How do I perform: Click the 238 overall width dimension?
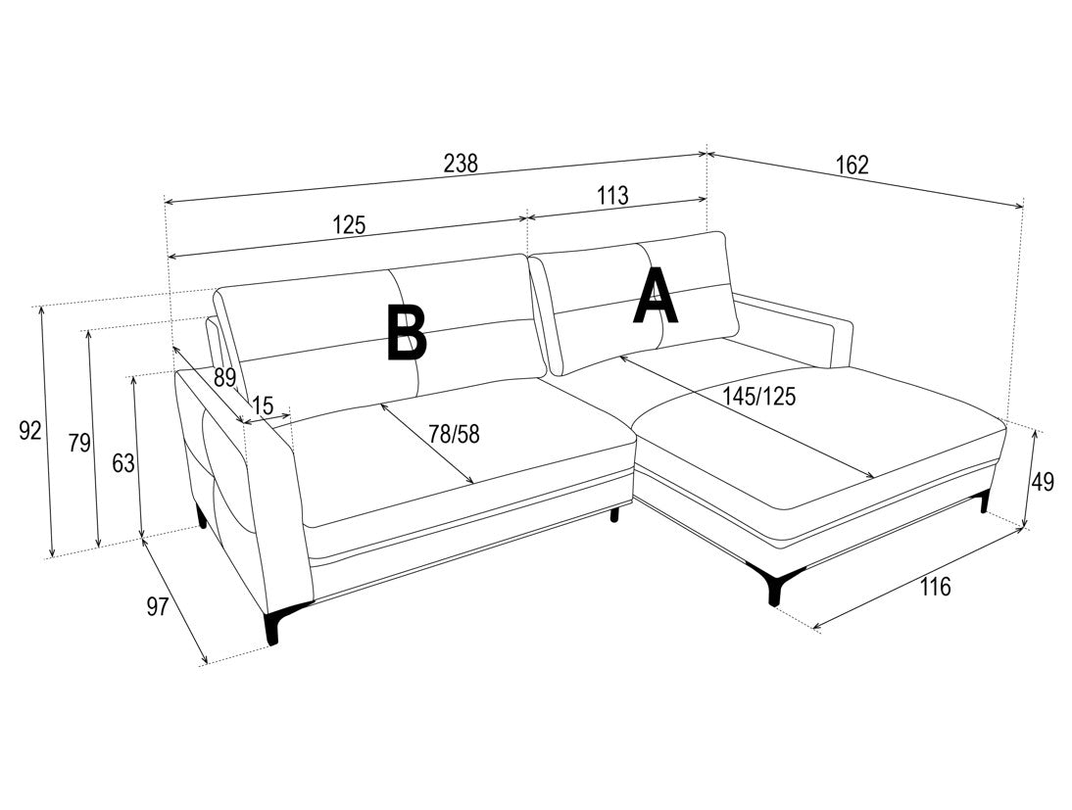coord(461,164)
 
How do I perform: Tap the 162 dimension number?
coord(852,165)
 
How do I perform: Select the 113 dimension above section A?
coord(612,196)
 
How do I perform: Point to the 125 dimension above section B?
coord(350,224)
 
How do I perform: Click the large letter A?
coord(656,295)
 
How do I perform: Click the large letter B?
coord(406,332)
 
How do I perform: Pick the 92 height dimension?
coord(30,431)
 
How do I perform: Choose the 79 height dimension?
coord(79,443)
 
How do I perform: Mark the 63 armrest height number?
coord(123,463)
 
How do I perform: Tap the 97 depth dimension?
coord(158,606)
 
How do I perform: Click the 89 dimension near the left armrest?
coord(225,377)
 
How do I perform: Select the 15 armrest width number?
coord(263,405)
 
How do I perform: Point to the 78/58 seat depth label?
coord(454,433)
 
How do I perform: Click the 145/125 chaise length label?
coord(759,397)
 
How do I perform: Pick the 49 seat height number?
coord(1043,482)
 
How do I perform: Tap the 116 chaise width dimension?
coord(935,587)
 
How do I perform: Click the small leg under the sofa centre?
coord(615,515)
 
